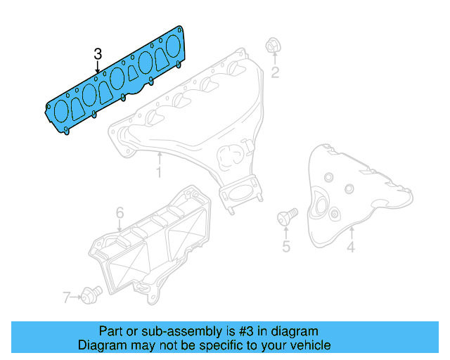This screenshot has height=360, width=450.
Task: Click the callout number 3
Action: coord(98,53)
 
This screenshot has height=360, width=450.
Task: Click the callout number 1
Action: coord(159,172)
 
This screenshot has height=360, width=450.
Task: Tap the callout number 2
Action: coord(276,72)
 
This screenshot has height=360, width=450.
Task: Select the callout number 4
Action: coord(350,246)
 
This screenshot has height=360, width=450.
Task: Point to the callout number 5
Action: coord(286,246)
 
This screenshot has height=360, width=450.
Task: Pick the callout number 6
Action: coord(120,212)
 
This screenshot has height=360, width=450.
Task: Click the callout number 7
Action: coord(67,297)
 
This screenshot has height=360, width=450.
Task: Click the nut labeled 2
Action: coord(271,46)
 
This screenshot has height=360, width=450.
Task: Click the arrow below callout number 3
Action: coord(98,67)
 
